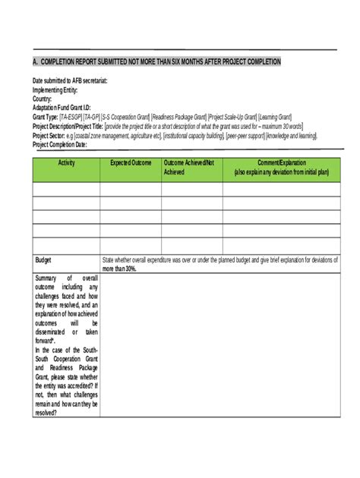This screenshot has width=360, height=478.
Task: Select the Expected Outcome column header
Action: coord(131,163)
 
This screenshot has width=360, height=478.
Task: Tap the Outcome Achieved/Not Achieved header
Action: coord(189,168)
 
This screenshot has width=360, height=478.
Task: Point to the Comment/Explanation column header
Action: coord(281,168)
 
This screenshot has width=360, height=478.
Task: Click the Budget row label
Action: coord(43,259)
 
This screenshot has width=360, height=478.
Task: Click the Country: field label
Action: coord(43,99)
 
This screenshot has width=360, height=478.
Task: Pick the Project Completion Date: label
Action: coord(65,144)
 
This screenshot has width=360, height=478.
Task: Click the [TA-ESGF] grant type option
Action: coord(71,117)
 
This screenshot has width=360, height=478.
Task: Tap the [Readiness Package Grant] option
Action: coord(178,117)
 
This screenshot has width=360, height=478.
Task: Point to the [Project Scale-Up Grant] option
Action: coord(232,117)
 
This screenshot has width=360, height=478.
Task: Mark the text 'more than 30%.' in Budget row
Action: coord(119,269)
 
